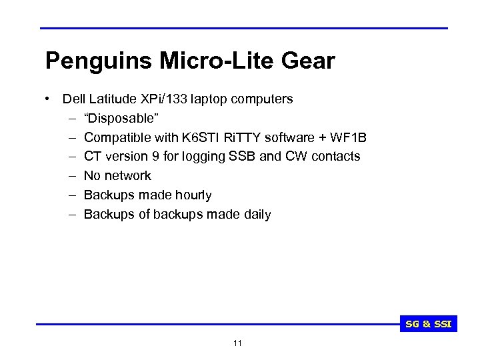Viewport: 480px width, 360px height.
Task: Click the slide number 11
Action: tap(238, 343)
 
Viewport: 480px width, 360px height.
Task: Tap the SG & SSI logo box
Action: tap(429, 325)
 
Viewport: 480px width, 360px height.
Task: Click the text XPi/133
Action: tap(165, 99)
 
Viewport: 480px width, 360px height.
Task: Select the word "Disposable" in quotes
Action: tap(121, 118)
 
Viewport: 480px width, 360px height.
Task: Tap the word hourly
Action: tap(193, 195)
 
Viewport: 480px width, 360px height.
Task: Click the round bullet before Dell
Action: tap(49, 99)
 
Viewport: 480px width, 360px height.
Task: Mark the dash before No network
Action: tap(71, 176)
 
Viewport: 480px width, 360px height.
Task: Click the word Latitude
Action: tap(115, 99)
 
